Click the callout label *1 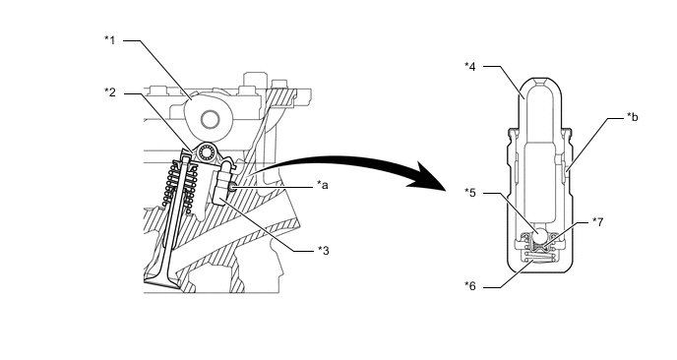coord(110,40)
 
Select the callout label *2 coord(110,92)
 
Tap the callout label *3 coord(324,251)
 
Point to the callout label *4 coord(470,67)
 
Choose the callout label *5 coord(470,193)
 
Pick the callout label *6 coord(470,286)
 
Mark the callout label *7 coord(597,222)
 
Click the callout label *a coord(323,185)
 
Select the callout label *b coord(633,117)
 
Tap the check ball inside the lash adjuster coord(540,236)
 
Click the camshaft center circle coord(211,119)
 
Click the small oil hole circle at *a coord(233,187)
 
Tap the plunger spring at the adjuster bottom coord(539,258)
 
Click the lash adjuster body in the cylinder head coord(222,186)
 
